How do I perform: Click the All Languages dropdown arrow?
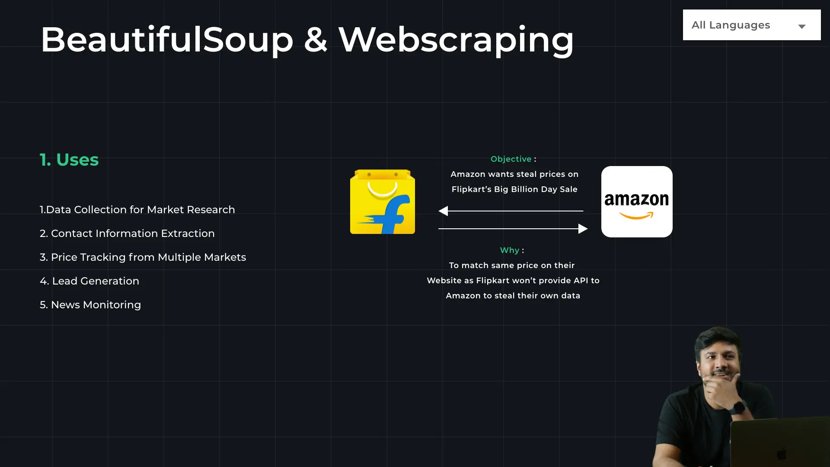click(x=802, y=26)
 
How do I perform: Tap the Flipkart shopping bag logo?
click(x=383, y=202)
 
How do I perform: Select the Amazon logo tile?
click(x=637, y=202)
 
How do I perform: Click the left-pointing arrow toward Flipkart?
click(x=444, y=211)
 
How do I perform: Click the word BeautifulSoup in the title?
click(x=167, y=40)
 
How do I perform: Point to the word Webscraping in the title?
click(x=456, y=40)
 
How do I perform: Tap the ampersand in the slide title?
click(x=316, y=40)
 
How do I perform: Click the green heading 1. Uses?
click(x=69, y=160)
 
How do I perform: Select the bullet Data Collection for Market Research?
click(x=137, y=210)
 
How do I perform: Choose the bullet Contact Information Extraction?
click(x=127, y=233)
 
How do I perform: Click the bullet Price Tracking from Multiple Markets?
click(x=143, y=257)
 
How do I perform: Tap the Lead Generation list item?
click(x=89, y=281)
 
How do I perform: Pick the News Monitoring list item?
click(x=90, y=305)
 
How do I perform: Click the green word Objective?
click(x=511, y=159)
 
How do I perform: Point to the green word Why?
click(x=510, y=250)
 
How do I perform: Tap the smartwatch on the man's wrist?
click(x=738, y=407)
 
